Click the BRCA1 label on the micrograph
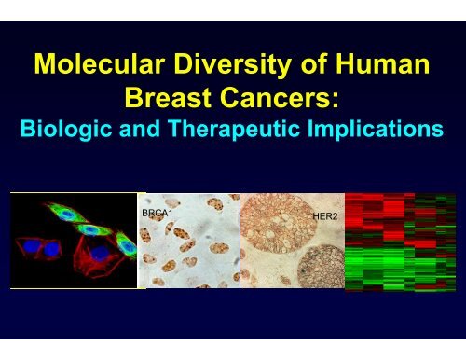[158, 213]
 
